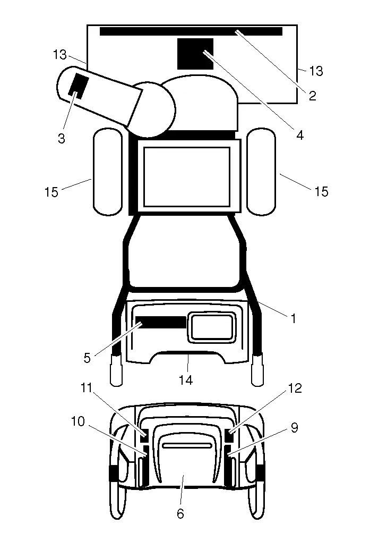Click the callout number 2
[312, 96]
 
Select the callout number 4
[300, 135]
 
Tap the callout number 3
[62, 138]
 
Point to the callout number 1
[294, 318]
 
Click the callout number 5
[87, 358]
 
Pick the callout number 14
[186, 380]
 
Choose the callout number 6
[180, 514]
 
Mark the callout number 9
[294, 427]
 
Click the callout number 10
[78, 421]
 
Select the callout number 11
[87, 388]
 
